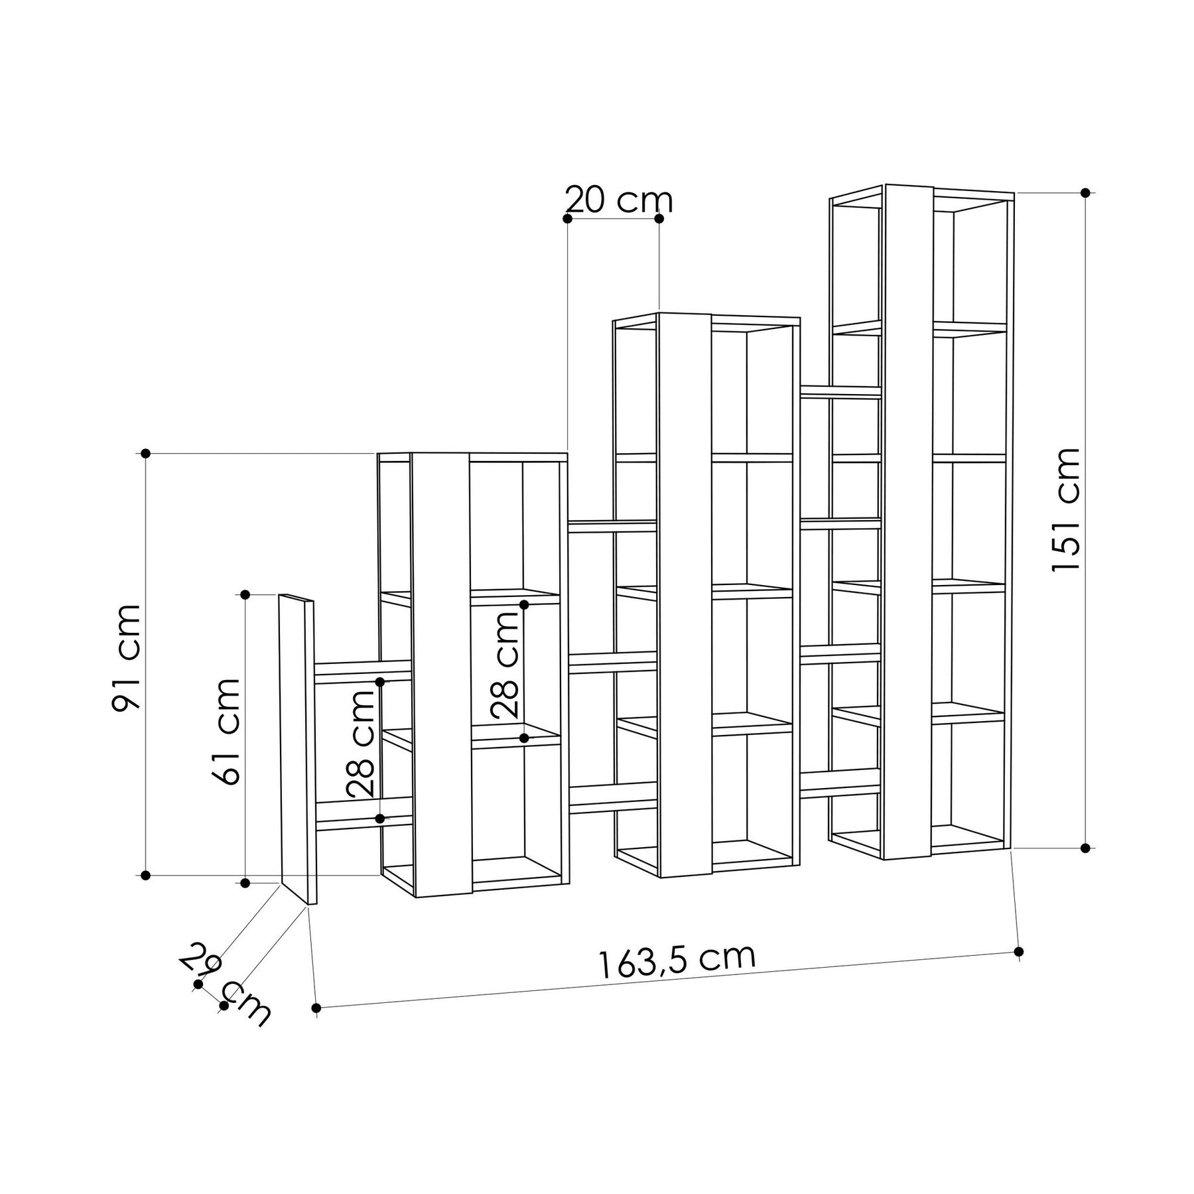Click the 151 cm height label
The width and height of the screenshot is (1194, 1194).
[x=1066, y=509]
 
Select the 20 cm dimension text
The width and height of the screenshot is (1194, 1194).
[x=618, y=200]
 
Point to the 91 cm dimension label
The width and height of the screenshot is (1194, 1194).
[x=127, y=657]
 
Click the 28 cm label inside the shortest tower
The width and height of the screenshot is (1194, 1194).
[x=505, y=665]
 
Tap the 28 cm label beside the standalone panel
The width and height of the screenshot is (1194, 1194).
[x=362, y=743]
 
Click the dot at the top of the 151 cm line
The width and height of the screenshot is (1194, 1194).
[x=1085, y=193]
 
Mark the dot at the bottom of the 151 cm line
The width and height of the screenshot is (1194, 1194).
[x=1085, y=848]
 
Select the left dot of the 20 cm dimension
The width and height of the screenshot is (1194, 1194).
[x=567, y=218]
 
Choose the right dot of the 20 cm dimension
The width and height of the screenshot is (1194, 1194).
[x=659, y=218]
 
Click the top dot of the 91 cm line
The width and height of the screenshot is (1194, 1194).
[x=146, y=453]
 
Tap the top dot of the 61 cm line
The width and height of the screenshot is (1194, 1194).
[x=245, y=594]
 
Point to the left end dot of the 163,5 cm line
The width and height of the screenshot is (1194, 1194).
[x=316, y=1008]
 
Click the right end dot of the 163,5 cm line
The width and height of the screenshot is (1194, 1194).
[x=1020, y=951]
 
